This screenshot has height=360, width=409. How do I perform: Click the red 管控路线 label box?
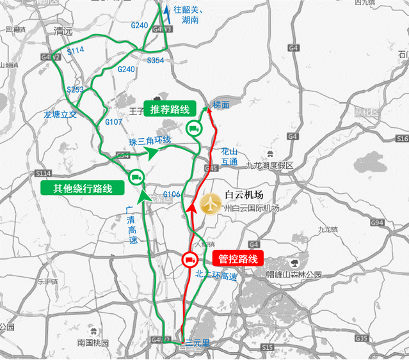coord(237,259)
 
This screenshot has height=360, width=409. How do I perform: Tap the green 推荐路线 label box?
coord(170,109)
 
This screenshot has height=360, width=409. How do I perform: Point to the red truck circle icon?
coord(190,260)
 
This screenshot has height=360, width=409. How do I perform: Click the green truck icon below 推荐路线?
coord(193,129)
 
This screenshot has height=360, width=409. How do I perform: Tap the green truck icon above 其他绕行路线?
coord(135,177)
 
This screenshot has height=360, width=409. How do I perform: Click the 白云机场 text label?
coord(245,196)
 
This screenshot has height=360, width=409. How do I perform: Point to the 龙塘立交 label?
coord(60,114)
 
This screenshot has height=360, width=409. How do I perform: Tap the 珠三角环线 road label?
coord(150,141)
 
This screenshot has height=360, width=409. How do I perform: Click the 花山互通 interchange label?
coord(229,157)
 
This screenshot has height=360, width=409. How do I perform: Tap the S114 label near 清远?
coord(76,50)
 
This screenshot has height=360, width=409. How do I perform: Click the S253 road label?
coord(76,90)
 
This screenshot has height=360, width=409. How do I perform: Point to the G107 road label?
coord(113,121)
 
